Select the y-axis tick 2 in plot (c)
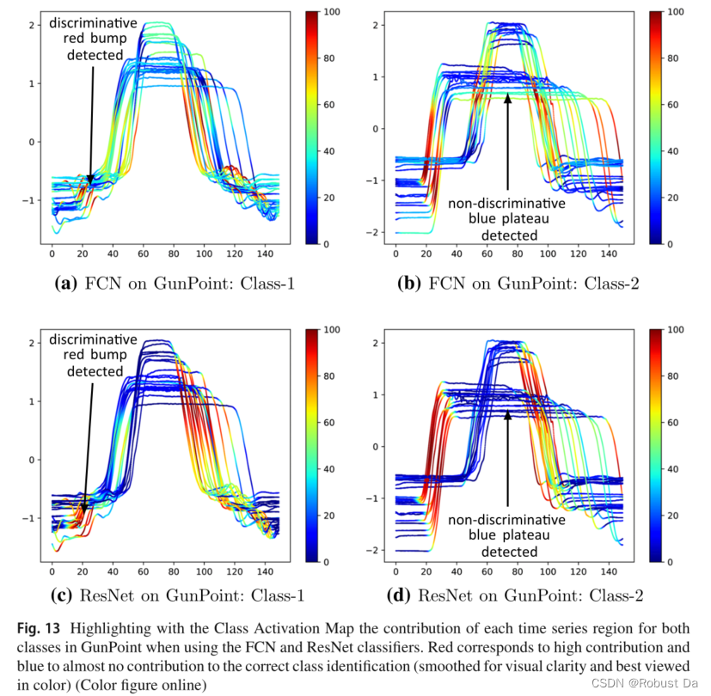(x=32, y=343)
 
